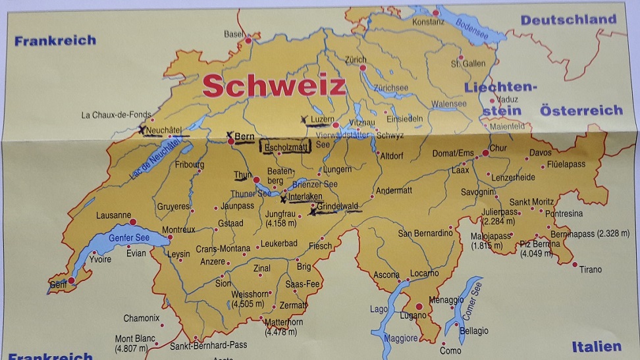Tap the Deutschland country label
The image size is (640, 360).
(x=568, y=20)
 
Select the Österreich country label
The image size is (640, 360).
(x=581, y=111)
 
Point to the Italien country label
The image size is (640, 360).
(x=596, y=347)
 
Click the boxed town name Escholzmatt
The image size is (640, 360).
(x=286, y=147)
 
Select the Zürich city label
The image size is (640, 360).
(x=356, y=59)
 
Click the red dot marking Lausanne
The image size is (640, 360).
(x=132, y=222)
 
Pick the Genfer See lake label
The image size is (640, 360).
(x=128, y=238)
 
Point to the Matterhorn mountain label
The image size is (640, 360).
(x=284, y=322)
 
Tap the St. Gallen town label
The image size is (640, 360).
(x=468, y=64)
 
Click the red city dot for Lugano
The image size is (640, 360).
(x=419, y=306)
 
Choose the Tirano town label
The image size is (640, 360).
(x=591, y=269)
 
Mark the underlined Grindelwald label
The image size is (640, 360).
(x=338, y=207)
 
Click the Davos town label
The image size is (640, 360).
(x=540, y=153)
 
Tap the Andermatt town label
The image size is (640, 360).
(x=394, y=190)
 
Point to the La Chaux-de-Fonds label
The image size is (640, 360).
(x=116, y=115)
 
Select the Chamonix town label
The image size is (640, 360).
(x=142, y=318)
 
